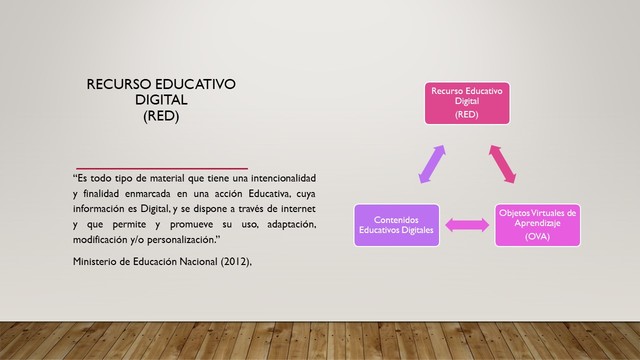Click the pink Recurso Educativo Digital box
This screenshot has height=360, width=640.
467,103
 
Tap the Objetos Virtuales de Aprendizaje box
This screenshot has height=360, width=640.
538,225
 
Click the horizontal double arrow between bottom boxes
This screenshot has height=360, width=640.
466,226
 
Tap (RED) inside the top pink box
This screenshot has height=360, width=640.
467,115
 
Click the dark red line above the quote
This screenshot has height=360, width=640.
160,167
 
